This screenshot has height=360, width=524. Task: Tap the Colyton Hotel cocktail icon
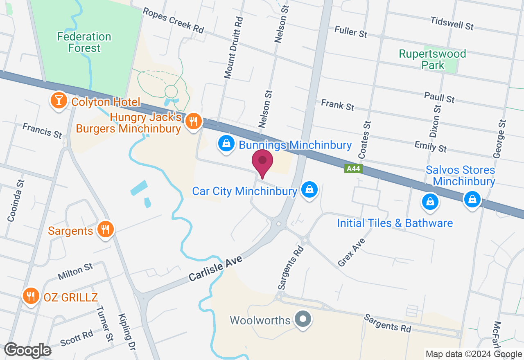pyautogui.click(x=59, y=101)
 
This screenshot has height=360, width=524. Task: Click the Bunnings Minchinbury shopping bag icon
pyautogui.click(x=226, y=144)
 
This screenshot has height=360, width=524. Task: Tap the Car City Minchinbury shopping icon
pyautogui.click(x=309, y=190)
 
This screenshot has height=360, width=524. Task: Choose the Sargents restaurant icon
pyautogui.click(x=106, y=230)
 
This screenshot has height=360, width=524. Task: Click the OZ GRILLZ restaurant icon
pyautogui.click(x=31, y=296)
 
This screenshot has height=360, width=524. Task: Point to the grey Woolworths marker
pyautogui.click(x=303, y=319)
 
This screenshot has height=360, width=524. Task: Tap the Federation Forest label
pyautogui.click(x=84, y=43)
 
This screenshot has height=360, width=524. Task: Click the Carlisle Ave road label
pyautogui.click(x=216, y=269)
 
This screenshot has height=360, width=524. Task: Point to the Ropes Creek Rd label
pyautogui.click(x=173, y=20)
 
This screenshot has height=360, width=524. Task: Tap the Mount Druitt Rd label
pyautogui.click(x=233, y=47)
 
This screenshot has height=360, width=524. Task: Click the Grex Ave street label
pyautogui.click(x=352, y=252)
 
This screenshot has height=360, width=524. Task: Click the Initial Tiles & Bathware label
pyautogui.click(x=395, y=223)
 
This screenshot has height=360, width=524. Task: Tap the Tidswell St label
pyautogui.click(x=452, y=23)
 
